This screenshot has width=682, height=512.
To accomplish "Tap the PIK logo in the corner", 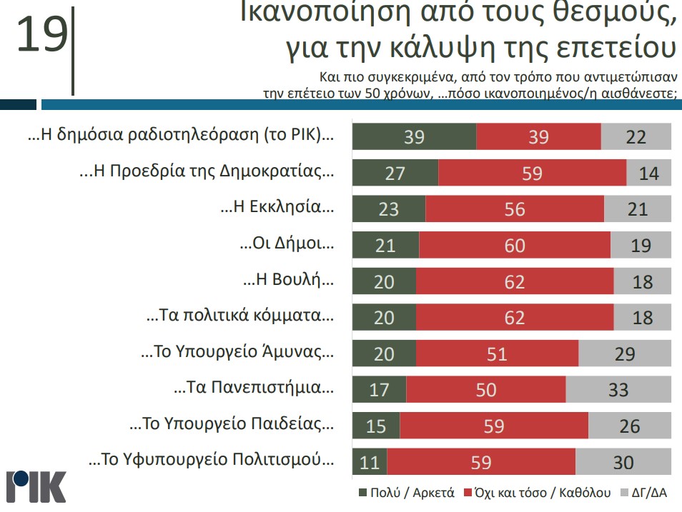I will tap(36, 486).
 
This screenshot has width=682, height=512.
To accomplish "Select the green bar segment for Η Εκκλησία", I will tap(388, 209).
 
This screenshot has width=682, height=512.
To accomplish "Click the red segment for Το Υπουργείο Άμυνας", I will tap(497, 353).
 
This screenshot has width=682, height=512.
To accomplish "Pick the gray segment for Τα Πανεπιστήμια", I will tap(618, 389).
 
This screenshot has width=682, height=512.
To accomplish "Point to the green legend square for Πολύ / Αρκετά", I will tap(362, 493).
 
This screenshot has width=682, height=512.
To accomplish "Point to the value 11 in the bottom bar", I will tap(370, 463).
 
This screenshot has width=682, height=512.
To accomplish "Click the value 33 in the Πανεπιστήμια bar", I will tap(618, 389).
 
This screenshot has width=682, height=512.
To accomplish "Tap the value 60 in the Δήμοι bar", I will tap(515, 245).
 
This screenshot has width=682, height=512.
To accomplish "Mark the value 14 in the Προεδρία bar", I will tap(648, 173).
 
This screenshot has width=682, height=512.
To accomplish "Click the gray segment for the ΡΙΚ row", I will tap(636, 136).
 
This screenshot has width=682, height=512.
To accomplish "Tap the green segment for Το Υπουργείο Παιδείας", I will tap(376, 426).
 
